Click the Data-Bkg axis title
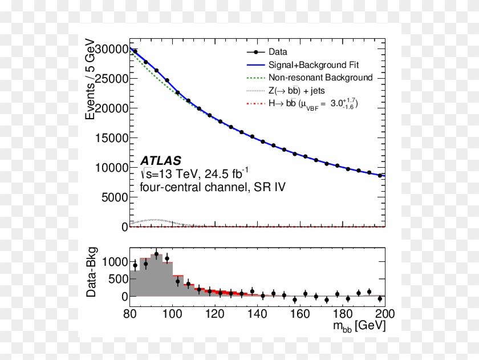[91, 273]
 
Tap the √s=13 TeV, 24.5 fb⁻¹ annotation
[194, 173]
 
